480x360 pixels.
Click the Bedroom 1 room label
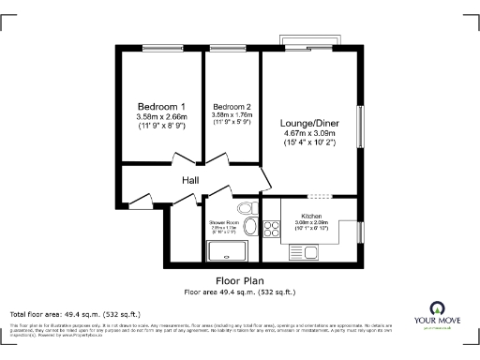pyautogui.click(x=161, y=106)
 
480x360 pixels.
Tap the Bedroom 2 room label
pyautogui.click(x=232, y=106)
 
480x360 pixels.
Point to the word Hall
pyautogui.click(x=190, y=180)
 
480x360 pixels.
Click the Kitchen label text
pyautogui.click(x=311, y=215)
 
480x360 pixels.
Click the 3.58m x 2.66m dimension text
pyautogui.click(x=161, y=116)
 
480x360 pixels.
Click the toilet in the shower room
pyautogui.click(x=246, y=208)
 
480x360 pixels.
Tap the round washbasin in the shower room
pyautogui.click(x=250, y=227)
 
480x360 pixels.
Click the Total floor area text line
pyautogui.click(x=75, y=313)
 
